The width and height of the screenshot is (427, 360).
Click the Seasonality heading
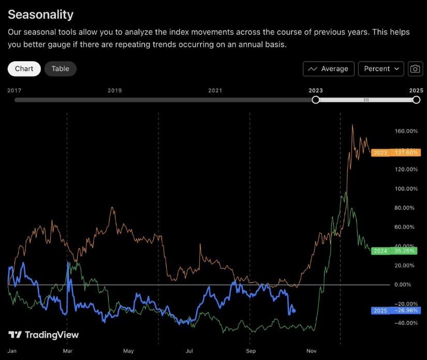pyautogui.click(x=41, y=15)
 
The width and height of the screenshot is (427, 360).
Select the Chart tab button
pyautogui.click(x=24, y=68)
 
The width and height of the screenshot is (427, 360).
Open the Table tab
pyautogui.click(x=60, y=68)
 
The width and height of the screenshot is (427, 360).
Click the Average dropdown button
pyautogui.click(x=329, y=69)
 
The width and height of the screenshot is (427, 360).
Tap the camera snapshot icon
pyautogui.click(x=415, y=69)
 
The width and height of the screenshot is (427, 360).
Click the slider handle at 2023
pyautogui.click(x=316, y=99)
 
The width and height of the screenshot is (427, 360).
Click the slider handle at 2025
pyautogui.click(x=416, y=99)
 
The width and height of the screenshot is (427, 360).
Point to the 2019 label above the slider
pyautogui.click(x=114, y=90)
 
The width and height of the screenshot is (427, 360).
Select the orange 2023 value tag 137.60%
pyautogui.click(x=396, y=153)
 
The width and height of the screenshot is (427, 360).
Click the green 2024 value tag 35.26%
pyautogui.click(x=396, y=251)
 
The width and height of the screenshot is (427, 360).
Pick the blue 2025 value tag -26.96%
pyautogui.click(x=396, y=311)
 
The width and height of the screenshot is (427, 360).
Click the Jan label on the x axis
pyautogui.click(x=12, y=351)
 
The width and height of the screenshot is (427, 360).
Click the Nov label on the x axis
pyautogui.click(x=312, y=351)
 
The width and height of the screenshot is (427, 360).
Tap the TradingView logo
pyautogui.click(x=44, y=335)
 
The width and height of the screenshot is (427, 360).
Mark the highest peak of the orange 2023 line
pyautogui.click(x=352, y=125)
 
